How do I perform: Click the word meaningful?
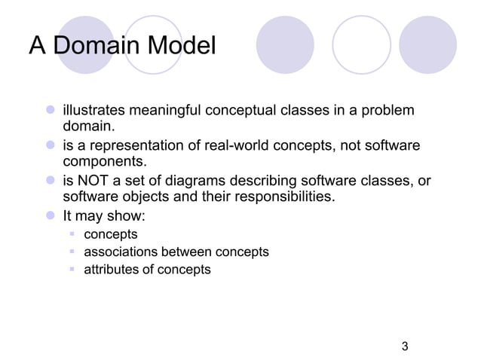click(x=170, y=111)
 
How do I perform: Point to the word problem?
click(x=388, y=111)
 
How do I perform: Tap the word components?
click(x=100, y=162)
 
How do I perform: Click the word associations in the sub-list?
click(x=118, y=252)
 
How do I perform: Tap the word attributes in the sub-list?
click(x=111, y=269)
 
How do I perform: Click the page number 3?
click(x=405, y=346)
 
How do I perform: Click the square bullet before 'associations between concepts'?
click(x=73, y=252)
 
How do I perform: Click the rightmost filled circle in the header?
click(x=427, y=44)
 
